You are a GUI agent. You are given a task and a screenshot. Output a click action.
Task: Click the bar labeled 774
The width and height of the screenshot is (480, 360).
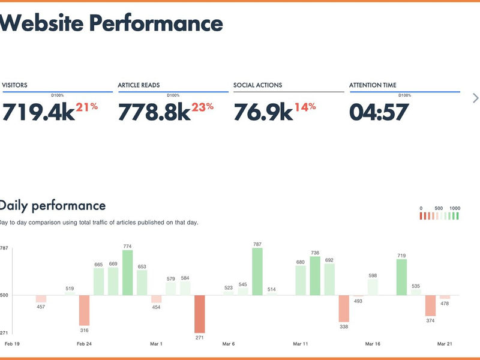[x=127, y=273]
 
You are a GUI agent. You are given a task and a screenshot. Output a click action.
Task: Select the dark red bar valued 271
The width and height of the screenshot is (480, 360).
[x=199, y=313]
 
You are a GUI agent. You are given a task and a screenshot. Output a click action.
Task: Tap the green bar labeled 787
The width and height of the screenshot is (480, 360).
[x=257, y=272]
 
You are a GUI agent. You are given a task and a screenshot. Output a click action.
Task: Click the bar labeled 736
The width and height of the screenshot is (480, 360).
[x=315, y=276]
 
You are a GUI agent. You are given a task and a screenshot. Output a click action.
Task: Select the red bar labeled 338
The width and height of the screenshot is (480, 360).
[x=344, y=308]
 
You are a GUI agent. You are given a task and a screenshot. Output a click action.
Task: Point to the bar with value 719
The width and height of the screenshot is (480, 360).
[x=401, y=277]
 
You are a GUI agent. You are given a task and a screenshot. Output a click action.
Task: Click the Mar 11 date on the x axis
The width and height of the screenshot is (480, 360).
[x=301, y=344]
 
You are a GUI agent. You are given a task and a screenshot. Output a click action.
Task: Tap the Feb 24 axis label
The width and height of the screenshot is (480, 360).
[x=85, y=344]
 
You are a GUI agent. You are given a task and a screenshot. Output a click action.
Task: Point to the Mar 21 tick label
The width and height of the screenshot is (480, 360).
[x=445, y=344]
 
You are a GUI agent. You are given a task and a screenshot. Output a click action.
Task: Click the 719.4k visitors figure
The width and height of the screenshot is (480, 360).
[x=38, y=112]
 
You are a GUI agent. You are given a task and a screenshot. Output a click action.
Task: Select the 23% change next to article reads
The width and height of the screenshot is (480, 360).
[x=203, y=107]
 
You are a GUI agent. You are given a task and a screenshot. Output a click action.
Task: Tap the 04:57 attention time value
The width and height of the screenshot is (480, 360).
[x=379, y=112]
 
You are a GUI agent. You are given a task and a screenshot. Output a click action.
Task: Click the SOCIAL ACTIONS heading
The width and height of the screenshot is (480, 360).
[x=257, y=85]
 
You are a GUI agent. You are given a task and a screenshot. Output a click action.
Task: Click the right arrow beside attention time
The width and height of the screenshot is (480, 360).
[x=475, y=98]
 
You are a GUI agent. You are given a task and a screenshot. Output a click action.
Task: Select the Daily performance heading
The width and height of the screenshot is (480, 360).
[x=53, y=206]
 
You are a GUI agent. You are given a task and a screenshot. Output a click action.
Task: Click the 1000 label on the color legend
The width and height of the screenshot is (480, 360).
[x=455, y=208]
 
